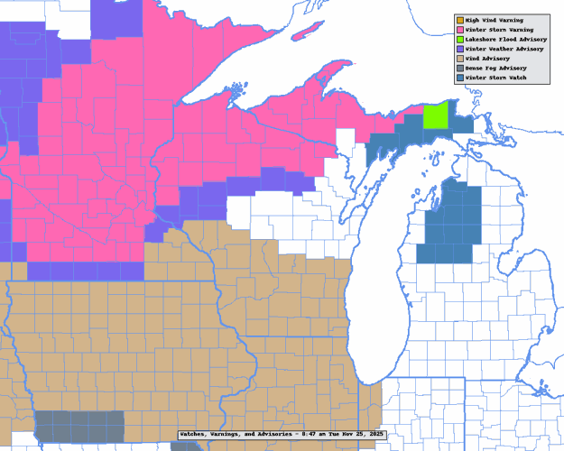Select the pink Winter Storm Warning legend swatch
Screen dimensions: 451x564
click(x=459, y=30)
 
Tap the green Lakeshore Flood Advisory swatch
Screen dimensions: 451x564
click(x=459, y=39)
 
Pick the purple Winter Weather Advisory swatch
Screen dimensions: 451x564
click(x=459, y=49)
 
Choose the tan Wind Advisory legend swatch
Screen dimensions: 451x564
click(x=459, y=58)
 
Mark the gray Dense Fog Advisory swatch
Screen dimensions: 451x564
click(x=459, y=68)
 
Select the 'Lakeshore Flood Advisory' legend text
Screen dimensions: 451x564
click(x=505, y=39)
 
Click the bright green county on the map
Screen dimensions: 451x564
click(x=436, y=117)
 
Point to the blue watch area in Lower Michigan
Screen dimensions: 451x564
click(x=448, y=225)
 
